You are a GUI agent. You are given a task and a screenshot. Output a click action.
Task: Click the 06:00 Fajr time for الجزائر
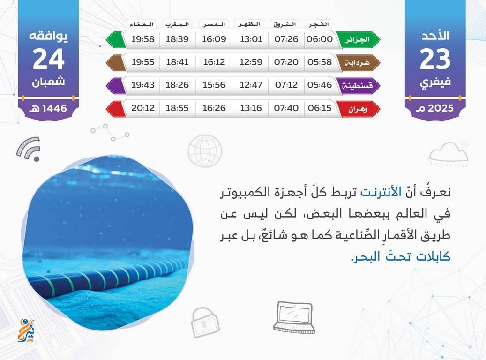(x=319, y=39)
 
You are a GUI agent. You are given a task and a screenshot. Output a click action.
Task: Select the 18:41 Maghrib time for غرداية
(x=177, y=62)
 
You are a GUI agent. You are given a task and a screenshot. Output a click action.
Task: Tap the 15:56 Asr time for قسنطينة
(x=214, y=85)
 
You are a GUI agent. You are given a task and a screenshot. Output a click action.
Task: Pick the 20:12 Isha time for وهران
(x=143, y=108)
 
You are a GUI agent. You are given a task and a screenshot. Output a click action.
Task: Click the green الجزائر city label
(x=358, y=39)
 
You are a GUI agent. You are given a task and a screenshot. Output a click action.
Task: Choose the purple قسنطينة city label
(x=358, y=85)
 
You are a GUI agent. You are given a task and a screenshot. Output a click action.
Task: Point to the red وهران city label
(x=358, y=109)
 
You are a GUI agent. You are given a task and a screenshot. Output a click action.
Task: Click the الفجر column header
(x=319, y=24)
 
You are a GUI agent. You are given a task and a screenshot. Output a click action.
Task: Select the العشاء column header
(x=142, y=24)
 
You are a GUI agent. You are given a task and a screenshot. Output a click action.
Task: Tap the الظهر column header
(x=249, y=24)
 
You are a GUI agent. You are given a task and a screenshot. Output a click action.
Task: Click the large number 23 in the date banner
(x=435, y=59)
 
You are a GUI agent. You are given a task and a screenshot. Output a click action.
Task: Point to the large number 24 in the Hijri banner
(x=48, y=59)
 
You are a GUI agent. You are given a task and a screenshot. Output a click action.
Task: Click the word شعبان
(x=48, y=82)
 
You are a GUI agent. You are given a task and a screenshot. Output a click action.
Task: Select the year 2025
(x=441, y=108)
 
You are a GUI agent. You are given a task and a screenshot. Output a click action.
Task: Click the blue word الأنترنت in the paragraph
(x=381, y=192)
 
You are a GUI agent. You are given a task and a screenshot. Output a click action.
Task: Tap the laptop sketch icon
(x=294, y=317)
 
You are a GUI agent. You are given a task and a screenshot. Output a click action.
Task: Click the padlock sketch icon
(x=205, y=322)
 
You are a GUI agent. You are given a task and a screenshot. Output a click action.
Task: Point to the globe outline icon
(x=205, y=151)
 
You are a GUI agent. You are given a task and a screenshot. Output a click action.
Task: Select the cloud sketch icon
(x=449, y=153)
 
